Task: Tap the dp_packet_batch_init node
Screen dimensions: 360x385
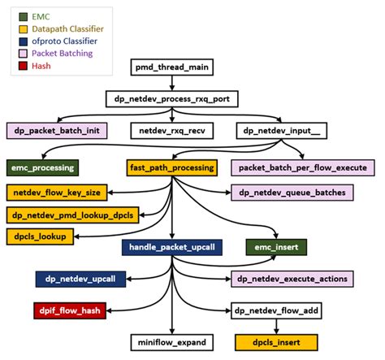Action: tap(58, 129)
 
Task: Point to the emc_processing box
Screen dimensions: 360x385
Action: tap(42, 167)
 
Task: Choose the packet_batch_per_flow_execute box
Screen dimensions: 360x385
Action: tap(303, 167)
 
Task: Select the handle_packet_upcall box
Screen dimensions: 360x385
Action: tap(171, 245)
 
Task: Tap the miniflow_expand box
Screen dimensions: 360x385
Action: tap(172, 342)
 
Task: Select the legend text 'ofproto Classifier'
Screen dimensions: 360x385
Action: tap(66, 40)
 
